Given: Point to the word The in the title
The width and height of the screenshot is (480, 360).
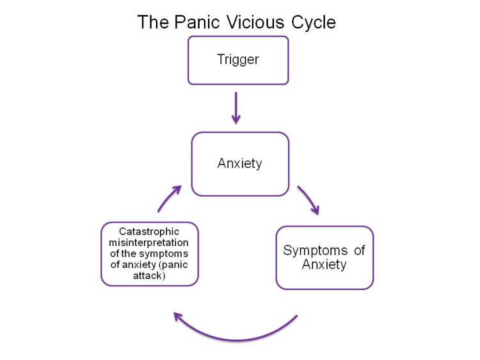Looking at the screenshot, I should point(152,22).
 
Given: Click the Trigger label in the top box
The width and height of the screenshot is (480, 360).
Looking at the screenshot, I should point(238,60).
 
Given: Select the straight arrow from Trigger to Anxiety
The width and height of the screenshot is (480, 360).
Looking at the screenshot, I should point(236,106).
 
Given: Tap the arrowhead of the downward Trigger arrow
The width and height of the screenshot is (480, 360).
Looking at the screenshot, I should point(236,119).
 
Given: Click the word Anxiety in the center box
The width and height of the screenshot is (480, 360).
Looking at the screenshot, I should point(240,163).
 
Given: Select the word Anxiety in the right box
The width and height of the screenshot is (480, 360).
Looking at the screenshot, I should point(324,264).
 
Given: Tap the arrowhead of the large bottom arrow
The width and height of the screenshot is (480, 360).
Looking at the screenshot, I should point(179,316).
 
